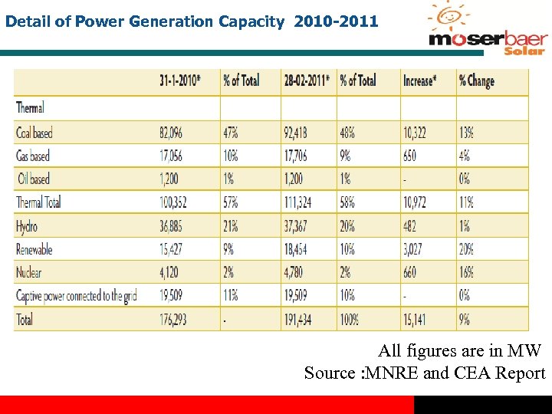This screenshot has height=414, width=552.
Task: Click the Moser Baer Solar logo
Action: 488,31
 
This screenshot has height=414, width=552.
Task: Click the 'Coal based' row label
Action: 34,133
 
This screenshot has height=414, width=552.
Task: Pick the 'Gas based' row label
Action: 33,156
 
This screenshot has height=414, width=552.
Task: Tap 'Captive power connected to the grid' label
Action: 77,295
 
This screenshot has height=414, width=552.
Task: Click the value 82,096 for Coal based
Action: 174,133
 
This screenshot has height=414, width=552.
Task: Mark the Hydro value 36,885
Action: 173,226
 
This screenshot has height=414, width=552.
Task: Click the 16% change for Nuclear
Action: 466,272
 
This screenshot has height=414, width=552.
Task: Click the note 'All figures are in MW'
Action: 459,352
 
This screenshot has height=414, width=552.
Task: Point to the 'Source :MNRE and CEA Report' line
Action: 425,373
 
